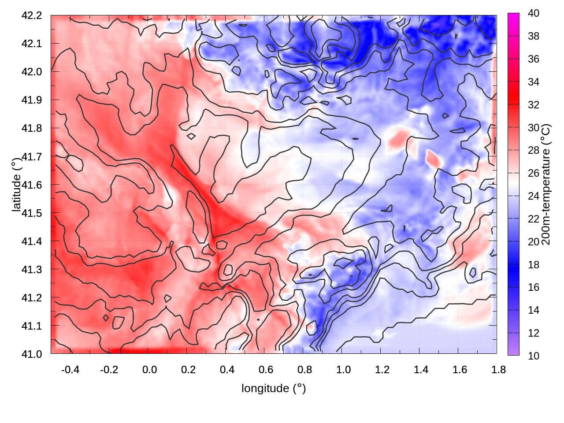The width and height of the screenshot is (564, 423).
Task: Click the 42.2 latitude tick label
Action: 31,15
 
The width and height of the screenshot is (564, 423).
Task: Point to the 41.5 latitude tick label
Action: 31,213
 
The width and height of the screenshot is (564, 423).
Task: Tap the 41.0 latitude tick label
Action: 31,354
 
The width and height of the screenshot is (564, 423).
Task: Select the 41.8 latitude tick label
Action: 31,128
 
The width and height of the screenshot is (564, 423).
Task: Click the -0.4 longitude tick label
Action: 70,369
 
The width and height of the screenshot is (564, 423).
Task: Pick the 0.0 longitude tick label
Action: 149,369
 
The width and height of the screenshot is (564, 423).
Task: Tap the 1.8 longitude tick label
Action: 499,369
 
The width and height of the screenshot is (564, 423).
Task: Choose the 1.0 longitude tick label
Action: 343,369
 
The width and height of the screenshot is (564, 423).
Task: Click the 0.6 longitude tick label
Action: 266,369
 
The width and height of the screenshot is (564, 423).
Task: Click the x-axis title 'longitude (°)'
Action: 274,388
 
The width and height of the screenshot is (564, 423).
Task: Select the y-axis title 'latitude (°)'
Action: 16,185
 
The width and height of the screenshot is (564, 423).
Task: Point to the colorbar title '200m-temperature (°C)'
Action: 546,184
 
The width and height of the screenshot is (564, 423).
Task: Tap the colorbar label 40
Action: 534,13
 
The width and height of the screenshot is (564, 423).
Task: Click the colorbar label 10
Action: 534,356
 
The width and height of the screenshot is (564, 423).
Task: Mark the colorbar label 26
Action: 534,173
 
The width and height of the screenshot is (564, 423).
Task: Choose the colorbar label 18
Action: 534,264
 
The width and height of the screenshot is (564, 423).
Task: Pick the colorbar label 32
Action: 534,105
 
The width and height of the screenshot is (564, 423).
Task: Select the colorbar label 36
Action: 534,59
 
